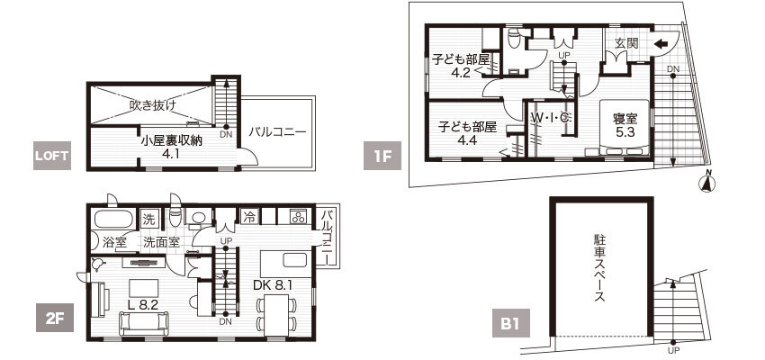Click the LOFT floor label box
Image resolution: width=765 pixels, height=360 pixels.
(52, 156)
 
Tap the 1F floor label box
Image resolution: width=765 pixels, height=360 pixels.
(382, 156)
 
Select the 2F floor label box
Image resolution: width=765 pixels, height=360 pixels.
(55, 318)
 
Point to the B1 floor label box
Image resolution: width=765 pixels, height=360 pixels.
(511, 323)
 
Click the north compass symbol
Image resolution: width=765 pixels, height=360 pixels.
(708, 182)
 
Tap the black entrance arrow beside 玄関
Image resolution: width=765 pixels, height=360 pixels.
(661, 44)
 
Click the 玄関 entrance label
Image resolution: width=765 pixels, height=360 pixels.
(626, 43)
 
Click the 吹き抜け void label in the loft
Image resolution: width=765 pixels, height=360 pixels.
(153, 104)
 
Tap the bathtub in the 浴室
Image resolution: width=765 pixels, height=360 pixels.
(113, 219)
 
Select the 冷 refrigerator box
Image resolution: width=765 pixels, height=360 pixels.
(248, 216)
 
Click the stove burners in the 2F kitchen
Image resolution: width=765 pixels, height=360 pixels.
(298, 216)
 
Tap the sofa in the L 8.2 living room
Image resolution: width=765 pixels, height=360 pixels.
(144, 323)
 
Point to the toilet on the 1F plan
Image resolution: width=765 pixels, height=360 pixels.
(513, 39)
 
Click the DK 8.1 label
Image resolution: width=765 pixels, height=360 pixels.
(273, 285)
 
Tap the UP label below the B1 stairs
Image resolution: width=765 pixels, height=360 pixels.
(673, 350)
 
